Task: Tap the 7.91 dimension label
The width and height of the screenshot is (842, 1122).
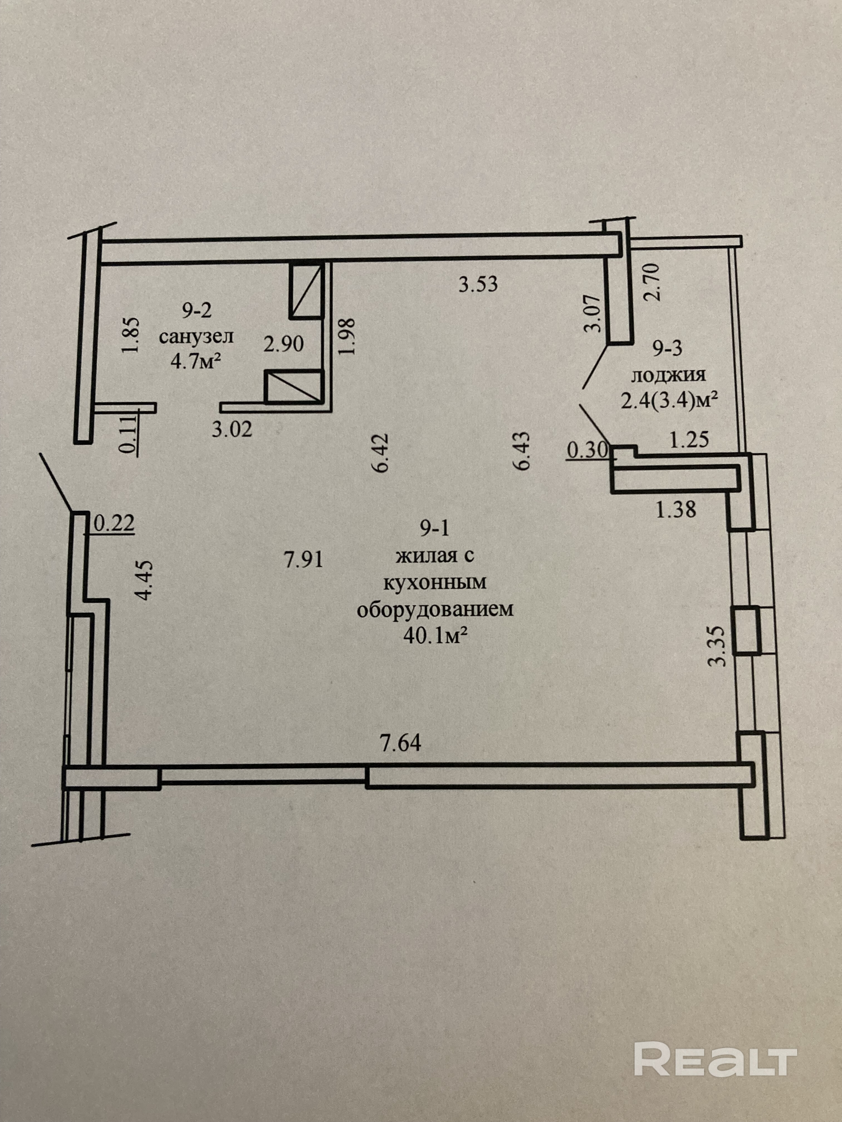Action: click(303, 560)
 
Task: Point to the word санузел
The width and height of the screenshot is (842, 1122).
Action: click(196, 337)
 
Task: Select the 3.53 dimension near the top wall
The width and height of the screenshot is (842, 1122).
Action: click(478, 285)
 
